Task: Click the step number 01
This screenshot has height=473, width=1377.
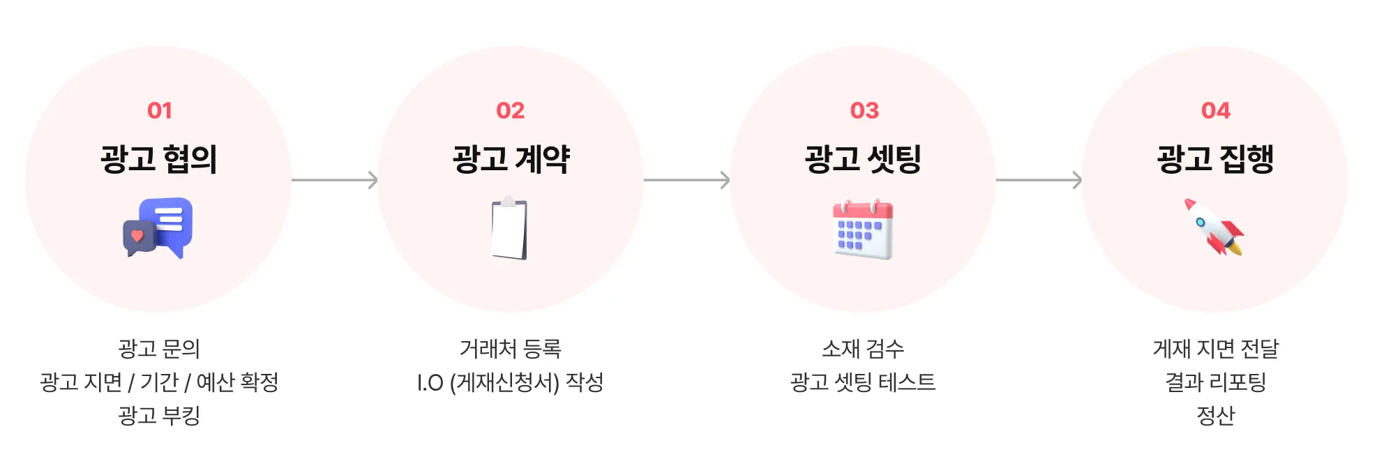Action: (159, 110)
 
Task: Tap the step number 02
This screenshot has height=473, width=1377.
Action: (510, 110)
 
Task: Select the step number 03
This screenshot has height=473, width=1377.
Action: (864, 110)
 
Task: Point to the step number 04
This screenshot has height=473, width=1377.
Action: (1215, 110)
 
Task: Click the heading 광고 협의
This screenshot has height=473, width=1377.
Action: (159, 159)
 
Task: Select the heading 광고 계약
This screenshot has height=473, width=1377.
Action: (511, 159)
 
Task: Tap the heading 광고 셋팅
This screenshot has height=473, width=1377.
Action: (863, 159)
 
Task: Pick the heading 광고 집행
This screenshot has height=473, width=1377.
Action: (1215, 159)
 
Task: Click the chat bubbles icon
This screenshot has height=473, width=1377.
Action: (158, 227)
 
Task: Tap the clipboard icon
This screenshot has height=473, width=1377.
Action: (510, 228)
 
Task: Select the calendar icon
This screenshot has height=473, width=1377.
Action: (863, 230)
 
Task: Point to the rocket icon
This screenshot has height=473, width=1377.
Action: (1214, 227)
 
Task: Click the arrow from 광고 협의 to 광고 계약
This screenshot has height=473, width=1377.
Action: (335, 180)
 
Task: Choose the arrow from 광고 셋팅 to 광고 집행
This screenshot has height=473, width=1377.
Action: (1039, 180)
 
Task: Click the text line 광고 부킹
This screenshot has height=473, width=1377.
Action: (159, 416)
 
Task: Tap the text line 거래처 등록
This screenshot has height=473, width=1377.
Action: (510, 348)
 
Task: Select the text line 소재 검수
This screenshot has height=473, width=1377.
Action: (863, 348)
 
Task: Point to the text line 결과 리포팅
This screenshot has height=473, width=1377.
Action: (1215, 382)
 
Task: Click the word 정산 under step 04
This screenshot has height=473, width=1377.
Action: (1215, 416)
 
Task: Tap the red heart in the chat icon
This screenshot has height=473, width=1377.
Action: (137, 236)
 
